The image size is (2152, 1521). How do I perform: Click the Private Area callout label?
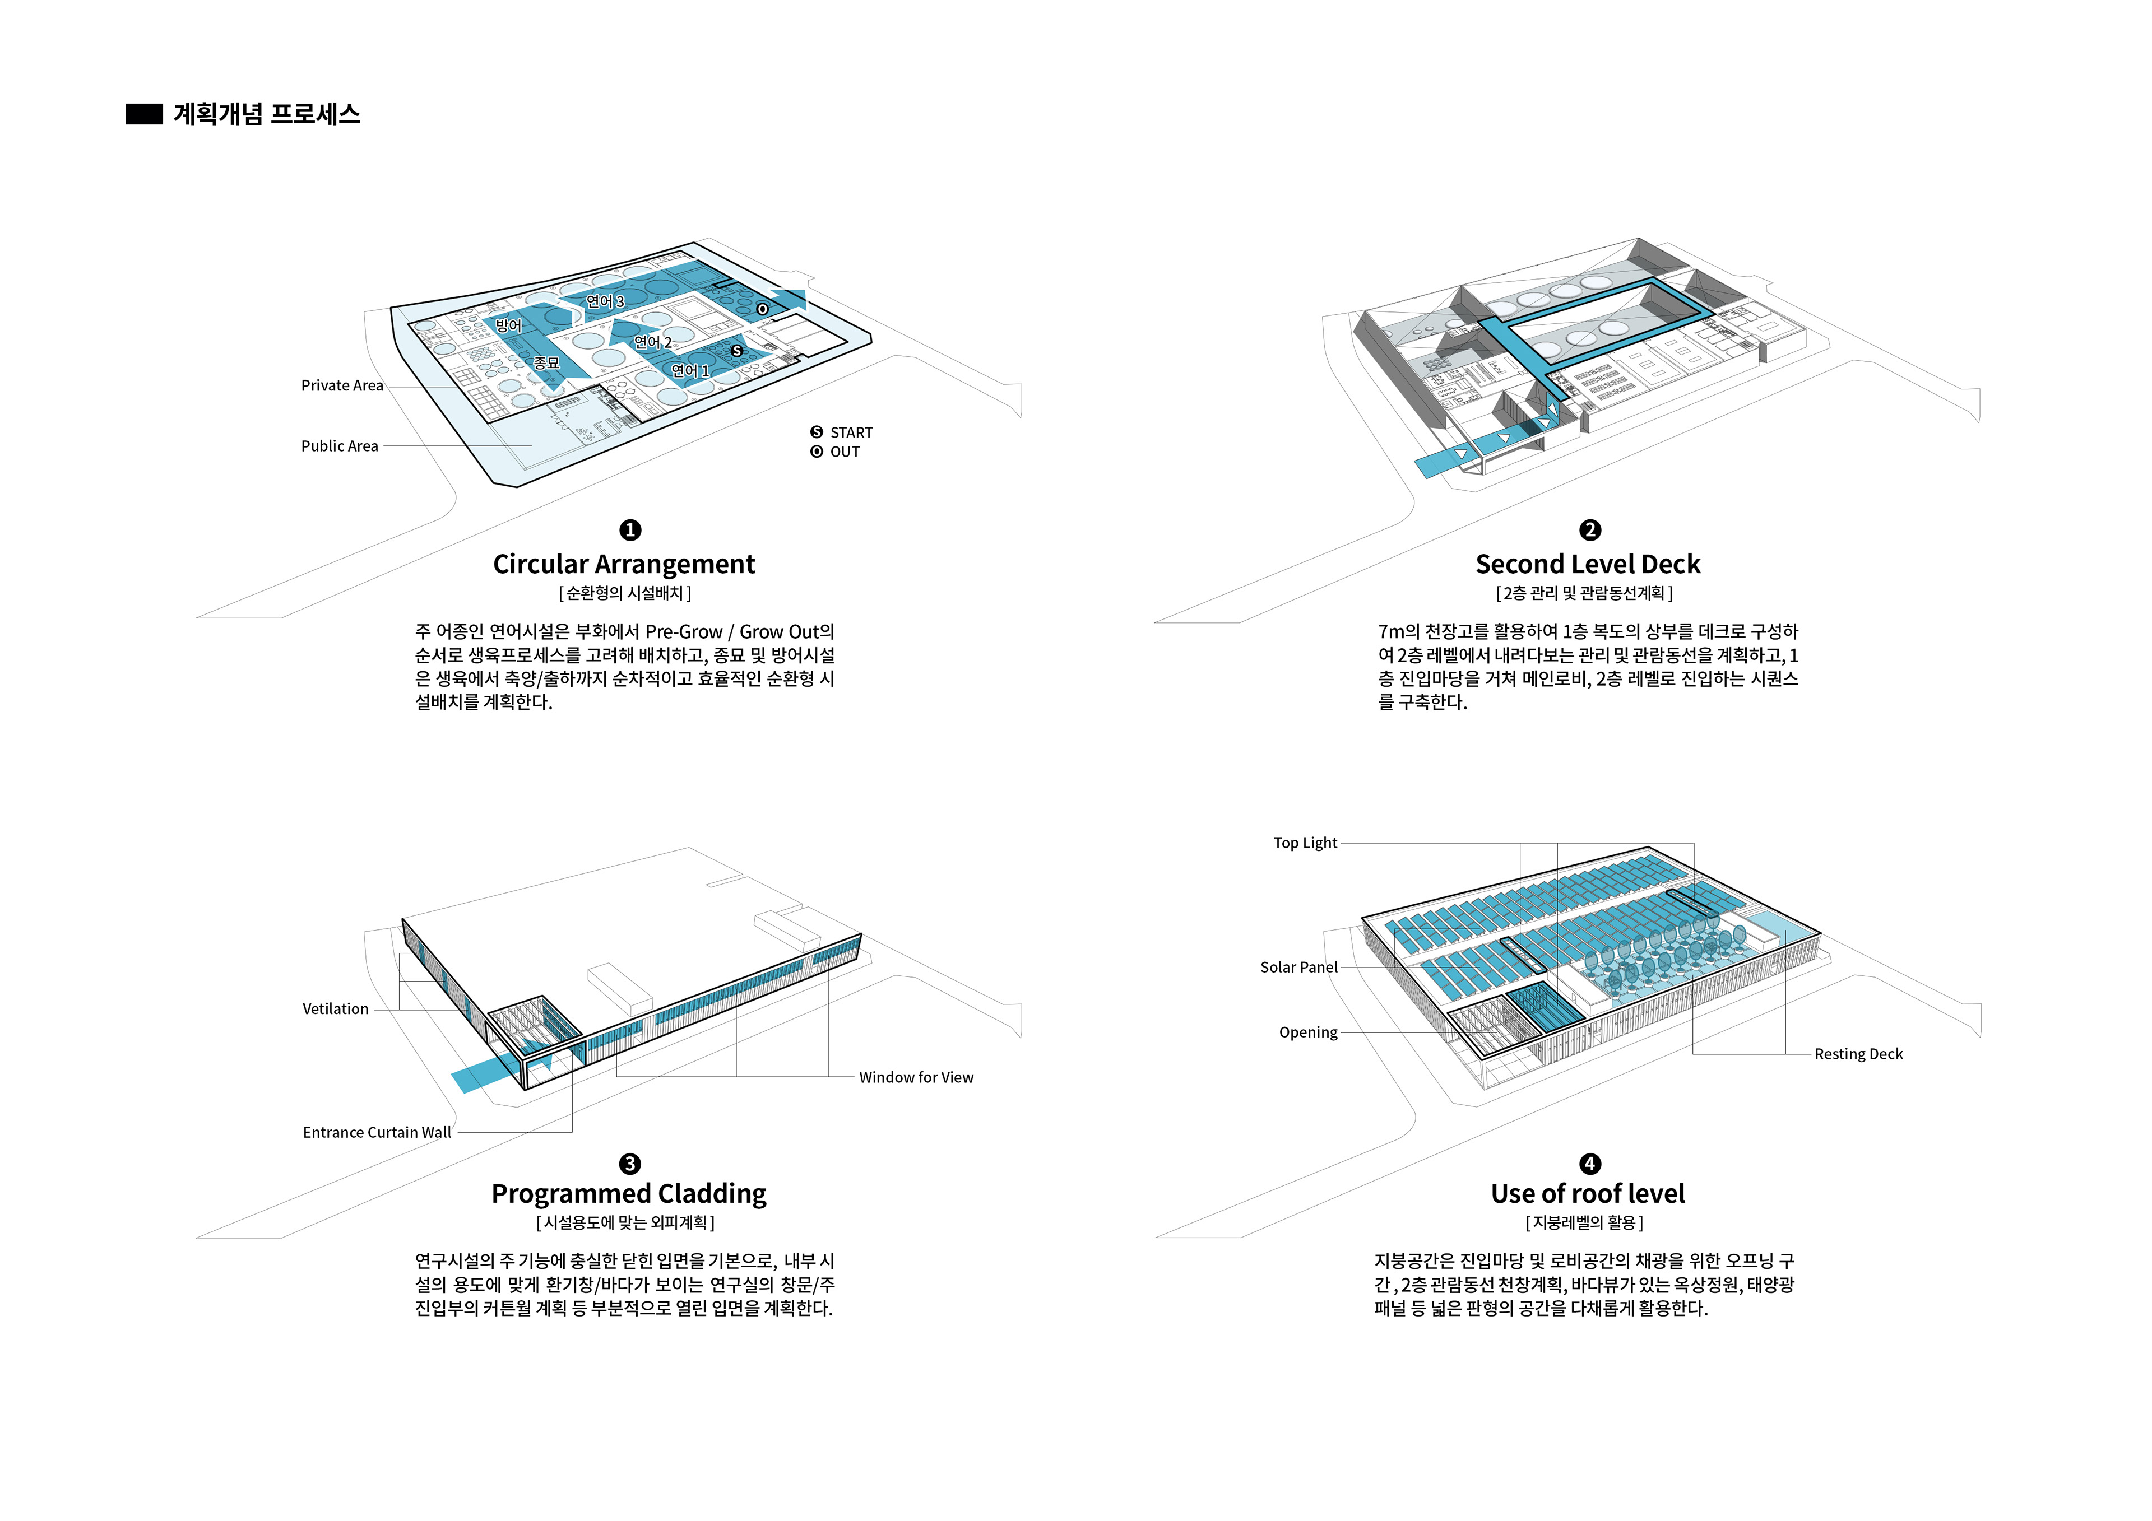tap(342, 385)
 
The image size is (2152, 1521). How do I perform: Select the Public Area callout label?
tap(339, 446)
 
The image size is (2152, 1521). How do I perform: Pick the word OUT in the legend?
tap(845, 452)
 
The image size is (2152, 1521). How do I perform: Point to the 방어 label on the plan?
tap(509, 325)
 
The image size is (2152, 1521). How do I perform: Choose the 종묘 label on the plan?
tap(546, 362)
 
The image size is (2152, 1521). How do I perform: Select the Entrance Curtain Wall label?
tap(377, 1132)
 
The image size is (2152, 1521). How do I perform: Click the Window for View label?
tap(916, 1077)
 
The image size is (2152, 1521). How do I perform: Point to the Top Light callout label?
tap(1305, 843)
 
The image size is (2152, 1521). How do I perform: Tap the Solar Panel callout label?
tap(1298, 966)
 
